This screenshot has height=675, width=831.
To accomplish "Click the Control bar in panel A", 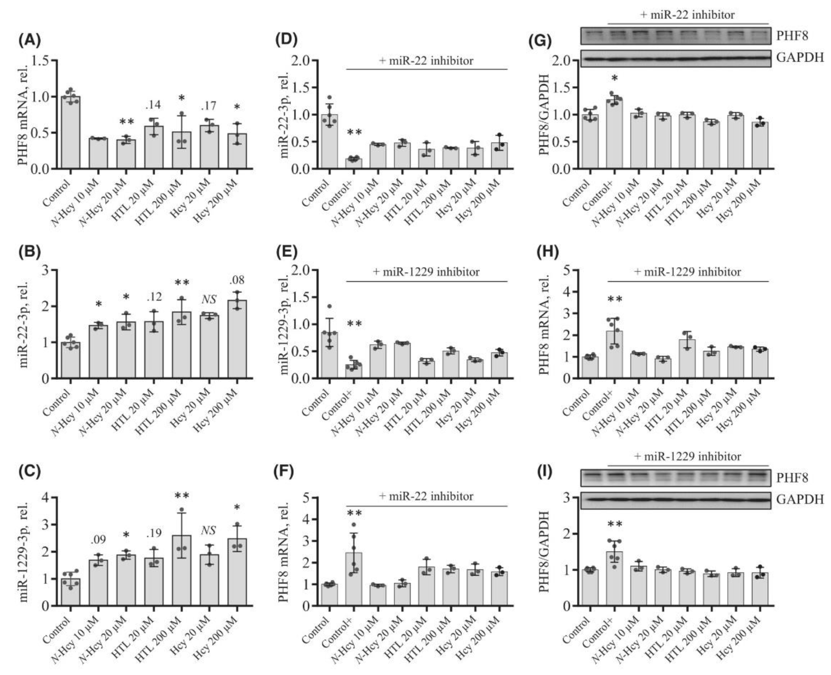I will click(71, 132).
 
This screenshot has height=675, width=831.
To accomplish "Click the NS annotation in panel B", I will click(209, 299).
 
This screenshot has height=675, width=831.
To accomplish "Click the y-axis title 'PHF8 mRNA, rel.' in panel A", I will click(23, 115).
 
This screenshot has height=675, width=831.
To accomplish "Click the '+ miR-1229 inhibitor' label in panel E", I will click(426, 272).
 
